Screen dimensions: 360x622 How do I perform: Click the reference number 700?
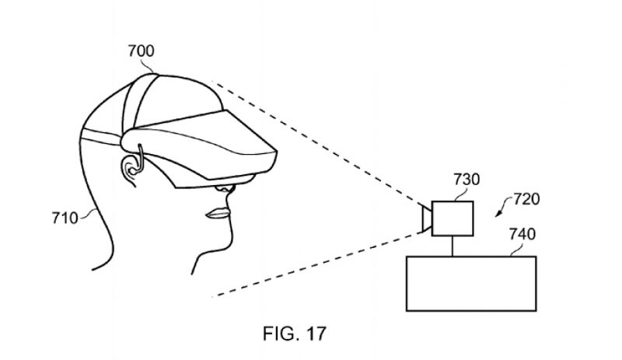tap(142, 51)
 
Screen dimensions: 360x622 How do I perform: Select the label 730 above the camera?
tap(466, 180)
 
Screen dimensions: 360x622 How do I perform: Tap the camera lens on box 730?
tap(425, 218)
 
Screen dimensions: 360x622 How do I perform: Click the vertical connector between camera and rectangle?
tap(452, 246)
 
